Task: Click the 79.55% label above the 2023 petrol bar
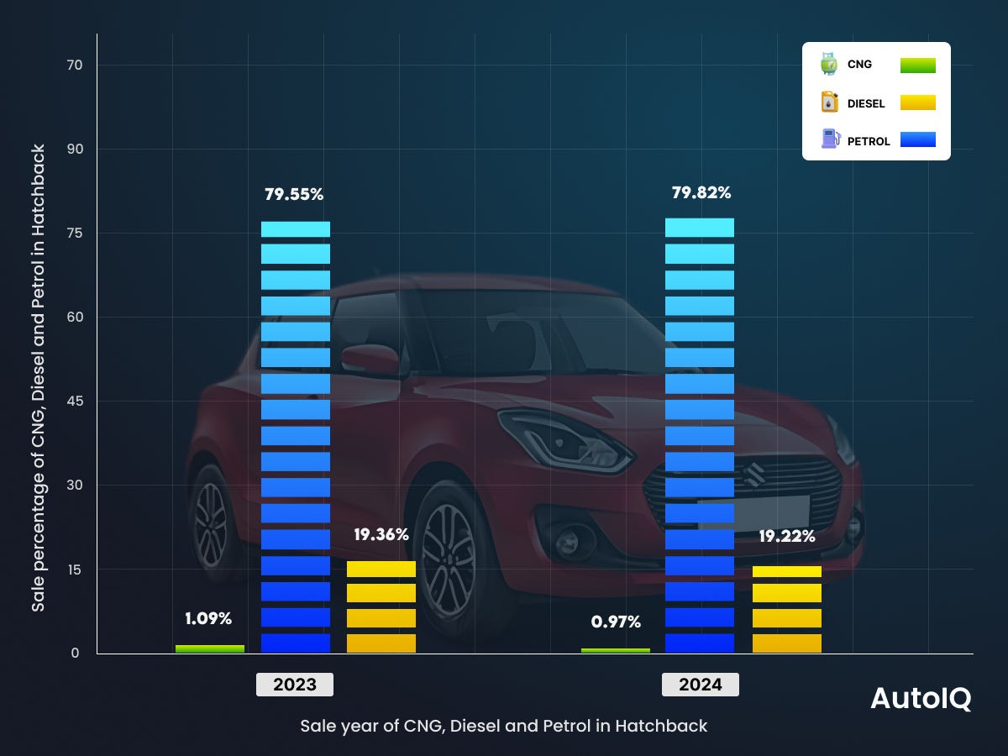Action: point(294,194)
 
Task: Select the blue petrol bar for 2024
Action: point(700,437)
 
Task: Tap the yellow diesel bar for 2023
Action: point(381,606)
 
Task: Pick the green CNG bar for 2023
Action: point(210,648)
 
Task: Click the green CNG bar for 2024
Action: point(616,650)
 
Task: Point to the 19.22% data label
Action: point(786,537)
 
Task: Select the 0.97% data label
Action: point(616,622)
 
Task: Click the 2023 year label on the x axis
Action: point(295,685)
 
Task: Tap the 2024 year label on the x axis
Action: point(701,685)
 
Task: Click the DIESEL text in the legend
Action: point(866,104)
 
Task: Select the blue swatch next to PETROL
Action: point(917,139)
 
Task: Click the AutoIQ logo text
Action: point(921,699)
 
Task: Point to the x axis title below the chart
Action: point(504,726)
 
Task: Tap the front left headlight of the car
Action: point(561,438)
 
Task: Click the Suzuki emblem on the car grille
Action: point(753,473)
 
